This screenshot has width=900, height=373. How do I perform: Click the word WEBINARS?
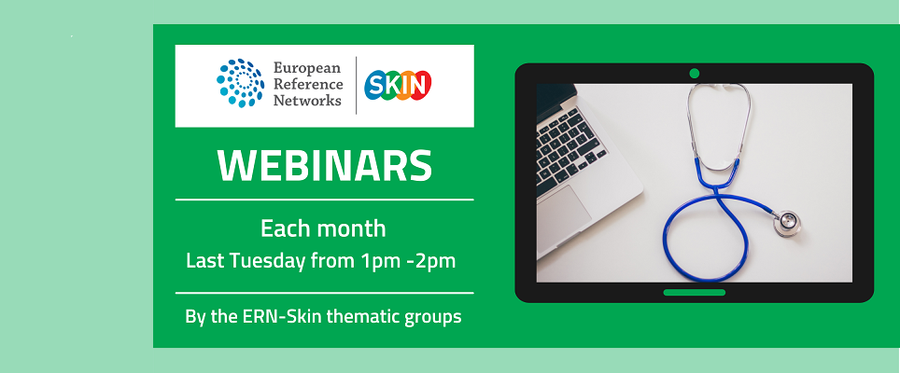(x=324, y=165)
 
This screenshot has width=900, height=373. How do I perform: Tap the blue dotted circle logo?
(x=241, y=83)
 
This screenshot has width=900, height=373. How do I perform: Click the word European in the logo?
(x=308, y=68)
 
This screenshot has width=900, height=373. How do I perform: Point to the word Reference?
(x=309, y=84)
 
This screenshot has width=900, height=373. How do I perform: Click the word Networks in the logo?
(x=307, y=100)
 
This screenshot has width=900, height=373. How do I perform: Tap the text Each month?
(x=323, y=228)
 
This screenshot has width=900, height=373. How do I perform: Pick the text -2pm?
(x=428, y=261)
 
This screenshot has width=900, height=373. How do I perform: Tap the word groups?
(x=431, y=317)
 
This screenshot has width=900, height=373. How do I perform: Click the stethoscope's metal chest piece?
(x=787, y=221)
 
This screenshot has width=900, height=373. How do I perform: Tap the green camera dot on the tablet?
(x=694, y=74)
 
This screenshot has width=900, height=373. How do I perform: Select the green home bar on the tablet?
(x=694, y=292)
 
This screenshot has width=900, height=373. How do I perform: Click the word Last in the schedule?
(x=204, y=261)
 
